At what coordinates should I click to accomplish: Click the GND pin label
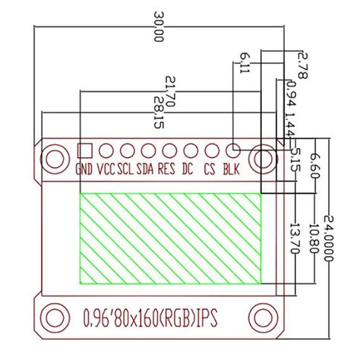coord(85,170)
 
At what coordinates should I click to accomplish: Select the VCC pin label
coord(106,170)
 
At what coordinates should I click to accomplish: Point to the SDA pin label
coord(146,170)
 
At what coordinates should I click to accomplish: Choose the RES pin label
coord(166,170)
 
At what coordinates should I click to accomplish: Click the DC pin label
coord(188,170)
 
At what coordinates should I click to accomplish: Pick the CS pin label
coord(209,170)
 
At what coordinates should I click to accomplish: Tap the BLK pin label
coord(231,170)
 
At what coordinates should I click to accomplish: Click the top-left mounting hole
coord(54,158)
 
